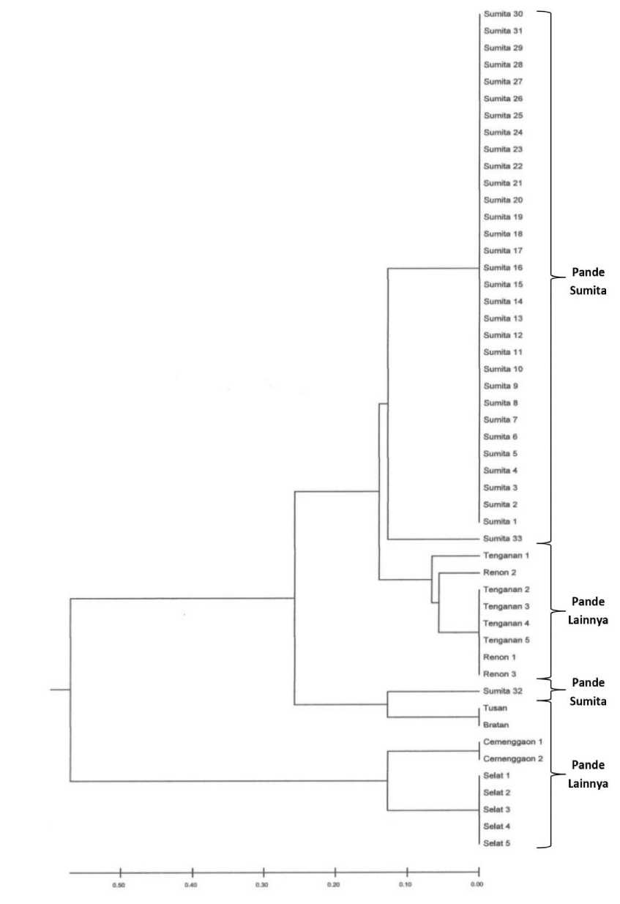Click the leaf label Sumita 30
click(x=503, y=14)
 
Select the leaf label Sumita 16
click(x=503, y=268)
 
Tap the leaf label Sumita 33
click(x=503, y=539)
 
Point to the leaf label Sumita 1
click(x=501, y=522)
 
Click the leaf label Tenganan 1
click(x=506, y=556)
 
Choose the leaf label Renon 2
click(x=500, y=572)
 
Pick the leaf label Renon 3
click(x=500, y=674)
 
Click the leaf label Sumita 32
click(x=503, y=691)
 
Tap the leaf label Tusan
click(x=495, y=709)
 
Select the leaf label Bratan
click(x=496, y=725)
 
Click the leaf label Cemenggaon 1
click(x=510, y=742)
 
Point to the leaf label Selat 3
click(x=497, y=810)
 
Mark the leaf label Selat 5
click(x=497, y=843)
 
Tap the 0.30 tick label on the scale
click(x=262, y=885)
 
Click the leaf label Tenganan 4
click(x=506, y=624)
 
